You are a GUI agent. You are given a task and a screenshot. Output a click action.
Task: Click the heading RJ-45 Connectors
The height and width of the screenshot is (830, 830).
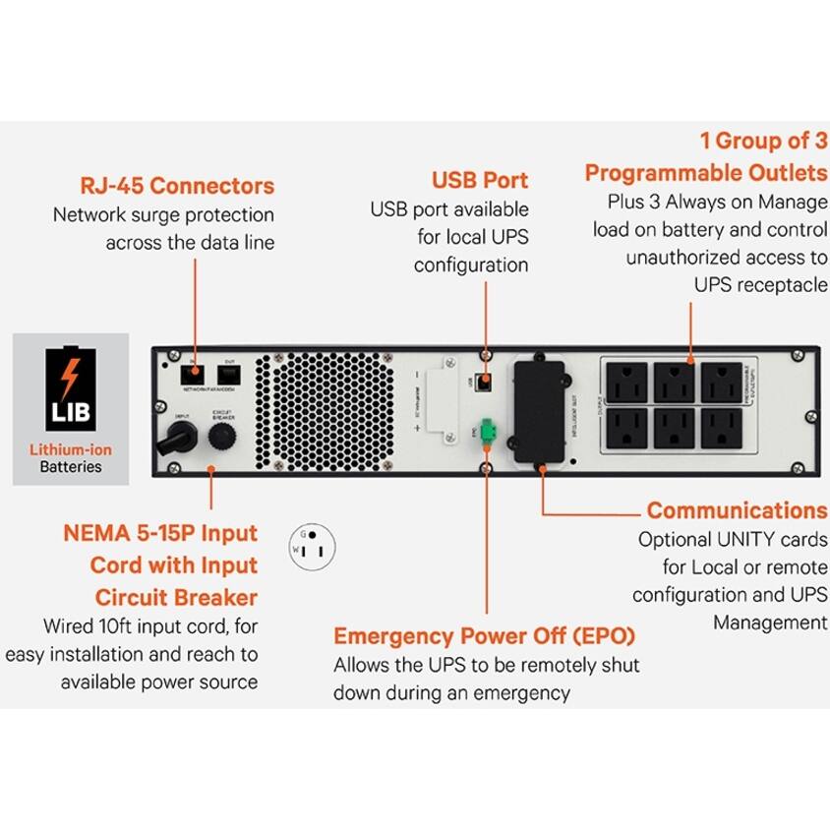pos(177,186)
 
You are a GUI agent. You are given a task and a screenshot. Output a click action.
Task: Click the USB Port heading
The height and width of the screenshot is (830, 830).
pos(479,180)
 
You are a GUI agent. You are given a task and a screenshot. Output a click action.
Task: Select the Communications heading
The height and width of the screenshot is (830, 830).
pos(737,510)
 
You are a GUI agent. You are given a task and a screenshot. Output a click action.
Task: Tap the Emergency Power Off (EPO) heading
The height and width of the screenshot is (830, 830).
pos(484,634)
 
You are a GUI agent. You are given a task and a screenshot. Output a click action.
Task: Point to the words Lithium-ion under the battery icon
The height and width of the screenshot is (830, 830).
pos(71,449)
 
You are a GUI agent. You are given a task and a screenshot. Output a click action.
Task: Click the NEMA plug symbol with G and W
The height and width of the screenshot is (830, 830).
pos(312,544)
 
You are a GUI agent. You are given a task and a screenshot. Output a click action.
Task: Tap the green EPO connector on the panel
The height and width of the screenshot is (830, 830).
pos(485,436)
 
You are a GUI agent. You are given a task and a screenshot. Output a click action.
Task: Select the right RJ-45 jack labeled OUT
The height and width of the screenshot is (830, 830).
pos(229,374)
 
